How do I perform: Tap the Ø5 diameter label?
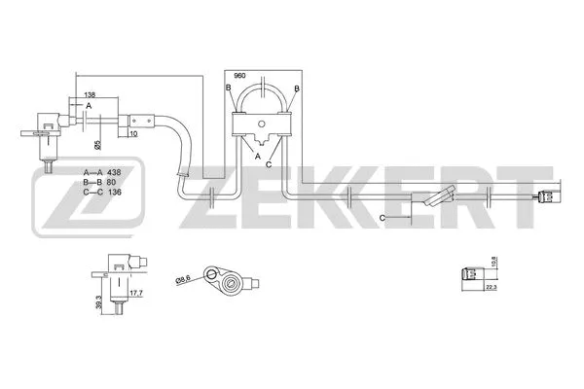coord(97,144)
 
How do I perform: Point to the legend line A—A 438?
coord(104,170)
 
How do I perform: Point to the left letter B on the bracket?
coord(228,88)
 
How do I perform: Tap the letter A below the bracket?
coord(257,155)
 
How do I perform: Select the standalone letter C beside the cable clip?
coord(383,218)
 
